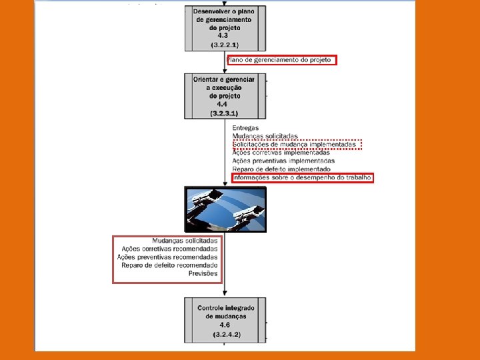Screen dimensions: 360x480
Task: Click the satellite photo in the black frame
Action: click(225, 209)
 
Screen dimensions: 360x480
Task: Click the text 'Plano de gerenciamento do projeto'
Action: click(282, 60)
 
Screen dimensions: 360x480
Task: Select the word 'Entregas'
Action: click(246, 128)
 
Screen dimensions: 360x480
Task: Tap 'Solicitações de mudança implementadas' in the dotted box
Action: click(294, 145)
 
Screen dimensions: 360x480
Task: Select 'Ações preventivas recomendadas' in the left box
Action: click(167, 257)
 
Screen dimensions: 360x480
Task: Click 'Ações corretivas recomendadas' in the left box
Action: click(169, 249)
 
